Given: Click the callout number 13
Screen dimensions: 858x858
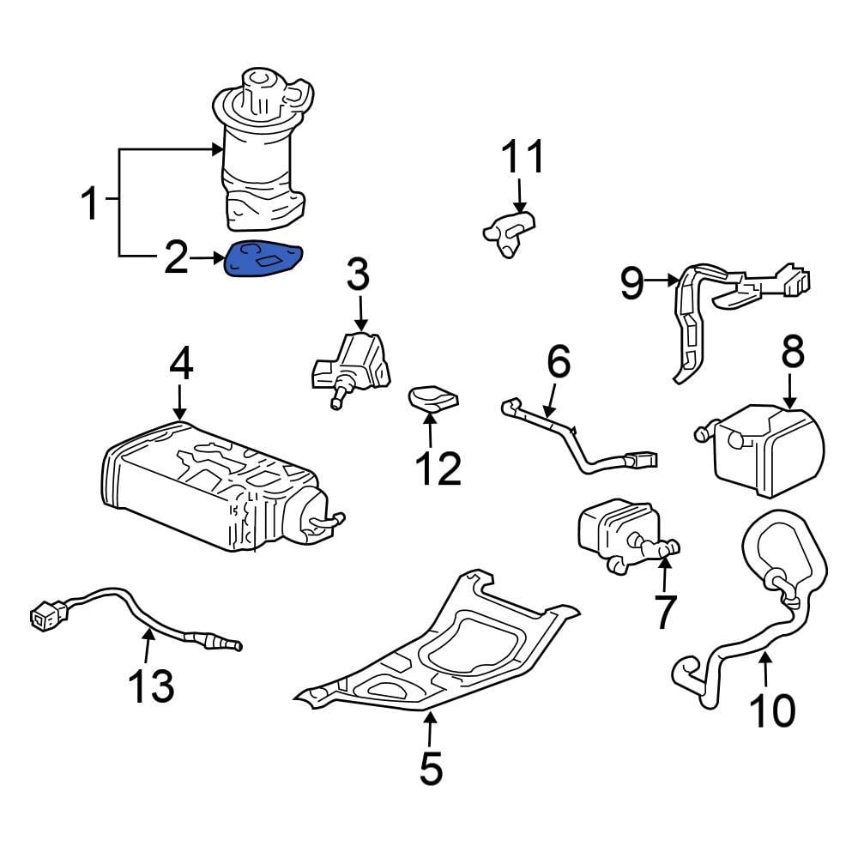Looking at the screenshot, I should pos(151,686).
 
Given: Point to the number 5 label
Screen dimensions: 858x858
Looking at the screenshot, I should pos(431,769).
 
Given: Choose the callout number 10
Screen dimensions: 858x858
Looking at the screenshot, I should pos(771,710).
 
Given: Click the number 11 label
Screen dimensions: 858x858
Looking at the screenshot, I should pos(523,158).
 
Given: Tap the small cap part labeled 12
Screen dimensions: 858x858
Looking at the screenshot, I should pos(433,399).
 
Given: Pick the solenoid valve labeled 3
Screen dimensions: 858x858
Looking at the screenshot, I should pos(352,367).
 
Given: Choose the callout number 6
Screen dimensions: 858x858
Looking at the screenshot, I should pos(558,363).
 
